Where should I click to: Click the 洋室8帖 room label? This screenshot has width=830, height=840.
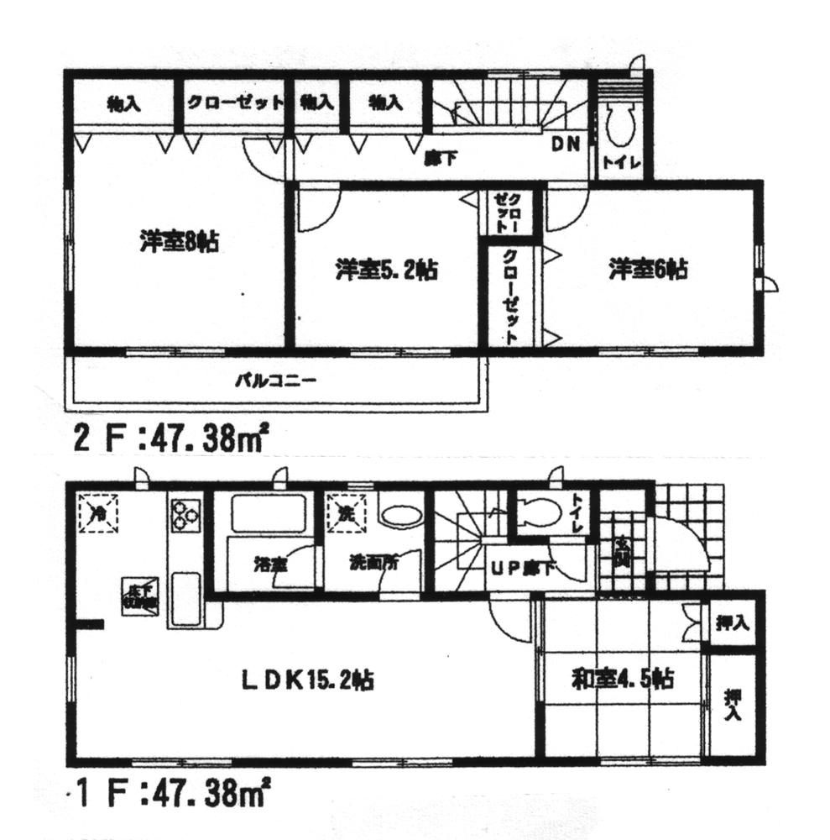[180, 243]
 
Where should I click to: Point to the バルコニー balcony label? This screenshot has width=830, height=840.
[274, 381]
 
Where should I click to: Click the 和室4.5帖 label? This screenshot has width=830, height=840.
[622, 679]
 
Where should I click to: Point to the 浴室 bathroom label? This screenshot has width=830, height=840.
[269, 564]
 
